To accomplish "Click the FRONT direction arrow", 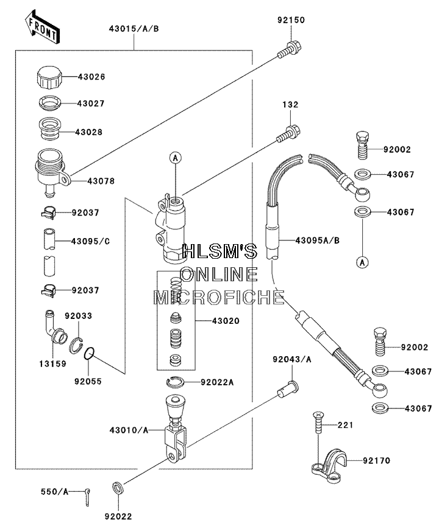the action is tap(42, 27).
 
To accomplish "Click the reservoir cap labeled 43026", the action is tap(49, 77).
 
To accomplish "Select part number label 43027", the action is tap(91, 103).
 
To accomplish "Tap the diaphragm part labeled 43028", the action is tap(49, 128).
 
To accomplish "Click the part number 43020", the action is tap(226, 321).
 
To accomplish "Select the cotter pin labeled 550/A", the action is tap(88, 497).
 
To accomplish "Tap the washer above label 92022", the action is tap(118, 488).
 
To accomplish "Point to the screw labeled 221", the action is tap(318, 422).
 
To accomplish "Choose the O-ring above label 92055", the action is tap(88, 354).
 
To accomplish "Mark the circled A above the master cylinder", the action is tap(175, 158).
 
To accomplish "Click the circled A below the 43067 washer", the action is tap(362, 262).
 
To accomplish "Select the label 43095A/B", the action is tap(317, 240).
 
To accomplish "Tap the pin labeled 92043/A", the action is tap(288, 389).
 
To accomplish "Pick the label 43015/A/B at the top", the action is tap(134, 29).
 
